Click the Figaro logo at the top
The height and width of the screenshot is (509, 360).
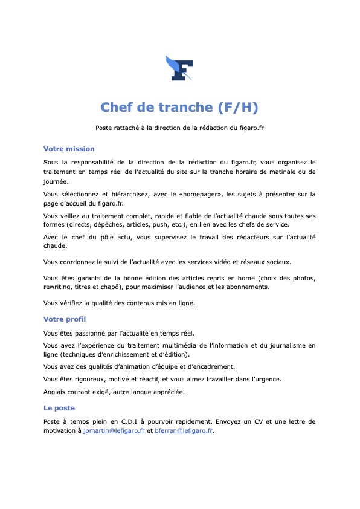(x=179, y=68)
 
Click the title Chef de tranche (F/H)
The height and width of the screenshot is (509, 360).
(x=179, y=108)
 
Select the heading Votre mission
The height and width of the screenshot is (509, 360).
(x=69, y=149)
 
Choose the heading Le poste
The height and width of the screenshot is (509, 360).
(x=59, y=408)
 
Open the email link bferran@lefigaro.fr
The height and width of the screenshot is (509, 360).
(x=184, y=432)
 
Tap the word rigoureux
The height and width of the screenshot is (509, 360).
(x=93, y=380)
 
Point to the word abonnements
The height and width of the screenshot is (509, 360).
(x=248, y=287)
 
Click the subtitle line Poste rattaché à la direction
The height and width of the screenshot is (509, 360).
(x=179, y=128)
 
